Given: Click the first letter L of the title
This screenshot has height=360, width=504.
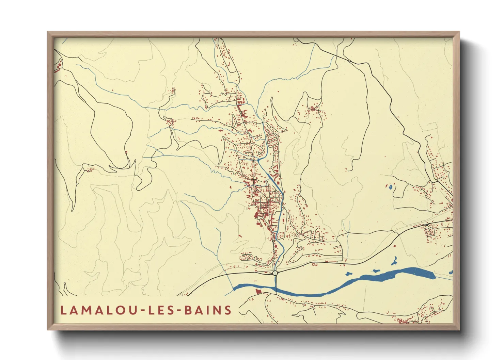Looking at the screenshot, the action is pos(63,310).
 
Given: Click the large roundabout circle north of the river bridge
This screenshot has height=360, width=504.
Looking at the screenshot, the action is pos(275,273).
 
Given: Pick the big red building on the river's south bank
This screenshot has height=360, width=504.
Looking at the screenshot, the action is pos(257,291).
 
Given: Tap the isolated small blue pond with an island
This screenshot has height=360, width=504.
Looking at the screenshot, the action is pos(390,186).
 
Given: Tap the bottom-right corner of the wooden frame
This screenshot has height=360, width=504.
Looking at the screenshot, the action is pos(459,329).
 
